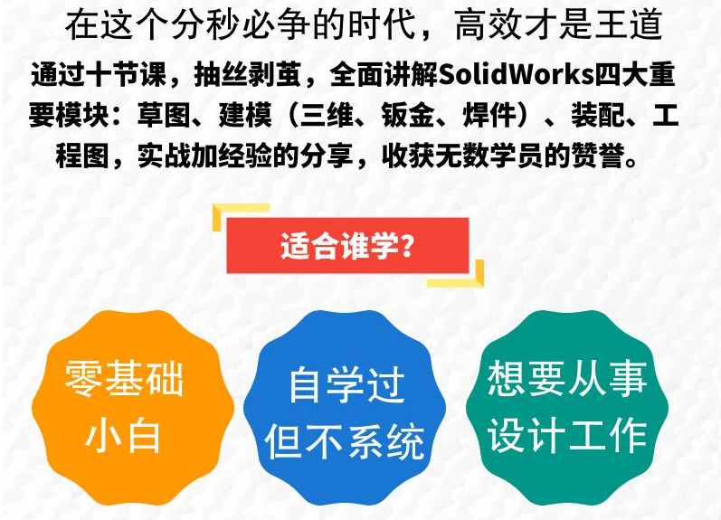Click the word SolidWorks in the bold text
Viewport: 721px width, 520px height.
pyautogui.click(x=515, y=74)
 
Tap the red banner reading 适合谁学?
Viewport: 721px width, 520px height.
pyautogui.click(x=347, y=245)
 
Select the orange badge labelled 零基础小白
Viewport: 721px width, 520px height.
pyautogui.click(x=133, y=408)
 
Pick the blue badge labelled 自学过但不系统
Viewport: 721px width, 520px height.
pyautogui.click(x=345, y=408)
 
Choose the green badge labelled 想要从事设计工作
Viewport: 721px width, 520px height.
pyautogui.click(x=567, y=408)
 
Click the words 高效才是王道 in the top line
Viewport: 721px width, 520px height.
pyautogui.click(x=558, y=25)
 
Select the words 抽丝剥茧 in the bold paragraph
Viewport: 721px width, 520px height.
pyautogui.click(x=247, y=74)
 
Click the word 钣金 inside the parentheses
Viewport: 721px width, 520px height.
pyautogui.click(x=408, y=115)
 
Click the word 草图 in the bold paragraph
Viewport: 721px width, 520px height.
pyautogui.click(x=164, y=115)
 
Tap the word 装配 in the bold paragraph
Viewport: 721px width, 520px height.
pyautogui.click(x=598, y=115)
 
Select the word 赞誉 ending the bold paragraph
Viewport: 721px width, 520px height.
pyautogui.click(x=597, y=156)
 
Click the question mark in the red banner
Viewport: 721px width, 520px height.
pyautogui.click(x=407, y=246)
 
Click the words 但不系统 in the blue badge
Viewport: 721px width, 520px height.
pyautogui.click(x=345, y=441)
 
